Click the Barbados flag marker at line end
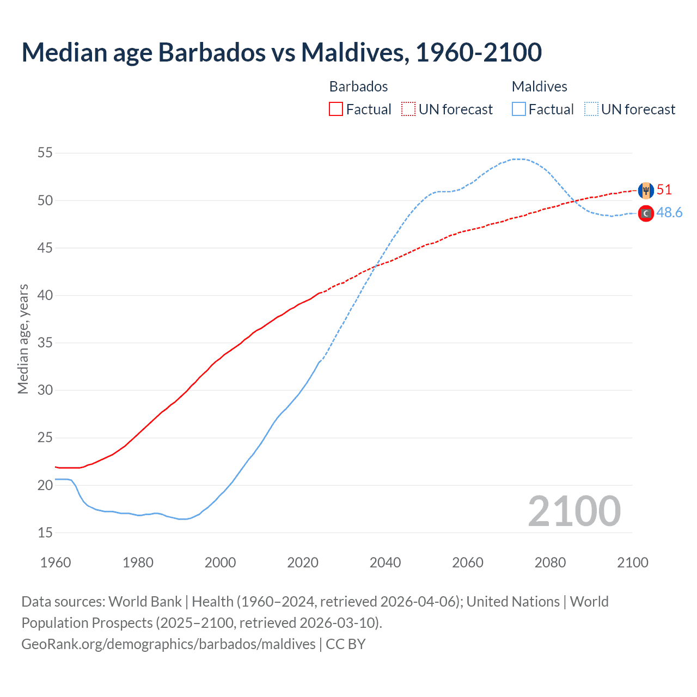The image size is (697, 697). coord(646,190)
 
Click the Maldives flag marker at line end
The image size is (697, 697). coord(646,213)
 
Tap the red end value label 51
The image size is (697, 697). coord(664,189)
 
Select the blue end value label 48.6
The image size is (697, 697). coord(669,212)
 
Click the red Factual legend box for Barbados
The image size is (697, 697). coord(336,109)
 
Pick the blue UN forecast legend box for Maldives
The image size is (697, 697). coord(591,109)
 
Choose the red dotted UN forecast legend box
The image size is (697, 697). coord(408,109)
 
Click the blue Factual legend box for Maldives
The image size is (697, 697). coord(519,109)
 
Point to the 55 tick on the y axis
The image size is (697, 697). coord(45,153)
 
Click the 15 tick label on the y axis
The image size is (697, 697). coord(45,533)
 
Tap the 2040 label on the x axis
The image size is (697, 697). coord(385,563)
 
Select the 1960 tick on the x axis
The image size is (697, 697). coord(56,563)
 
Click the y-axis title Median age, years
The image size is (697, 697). coord(23,339)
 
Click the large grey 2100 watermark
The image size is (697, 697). coord(574,511)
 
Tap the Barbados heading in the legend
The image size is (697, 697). coord(358,87)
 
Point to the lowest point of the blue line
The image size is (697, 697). coord(182,519)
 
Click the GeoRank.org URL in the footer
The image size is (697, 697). coord(168,644)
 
